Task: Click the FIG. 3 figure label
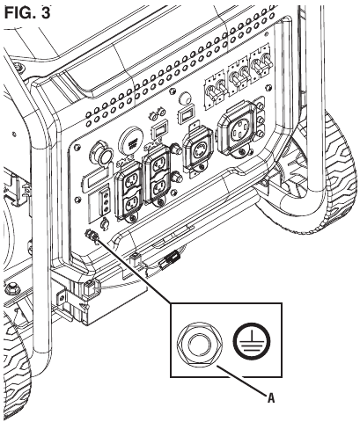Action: [27, 13]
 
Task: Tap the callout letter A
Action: [271, 397]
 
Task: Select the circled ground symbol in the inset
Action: [252, 341]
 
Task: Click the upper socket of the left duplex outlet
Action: [129, 181]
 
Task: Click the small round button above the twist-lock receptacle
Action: [184, 98]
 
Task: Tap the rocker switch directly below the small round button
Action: [185, 115]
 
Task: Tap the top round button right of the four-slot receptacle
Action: [260, 106]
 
